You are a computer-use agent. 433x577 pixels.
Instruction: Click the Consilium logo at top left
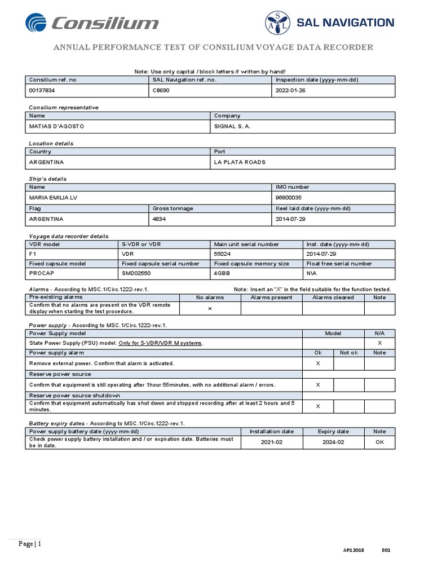92,24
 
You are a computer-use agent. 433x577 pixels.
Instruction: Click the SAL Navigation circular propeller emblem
277,23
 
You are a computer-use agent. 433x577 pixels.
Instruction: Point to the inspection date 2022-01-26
290,90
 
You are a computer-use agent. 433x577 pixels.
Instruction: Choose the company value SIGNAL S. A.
232,126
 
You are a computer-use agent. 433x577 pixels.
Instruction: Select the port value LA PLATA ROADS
240,162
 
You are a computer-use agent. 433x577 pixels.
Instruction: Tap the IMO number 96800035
289,198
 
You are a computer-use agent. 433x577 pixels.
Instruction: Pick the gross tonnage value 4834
159,219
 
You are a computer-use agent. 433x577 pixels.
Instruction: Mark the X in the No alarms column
210,308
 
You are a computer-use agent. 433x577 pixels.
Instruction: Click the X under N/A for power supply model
379,343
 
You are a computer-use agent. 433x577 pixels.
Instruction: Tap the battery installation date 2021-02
272,442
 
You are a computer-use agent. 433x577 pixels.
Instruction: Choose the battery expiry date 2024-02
333,442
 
